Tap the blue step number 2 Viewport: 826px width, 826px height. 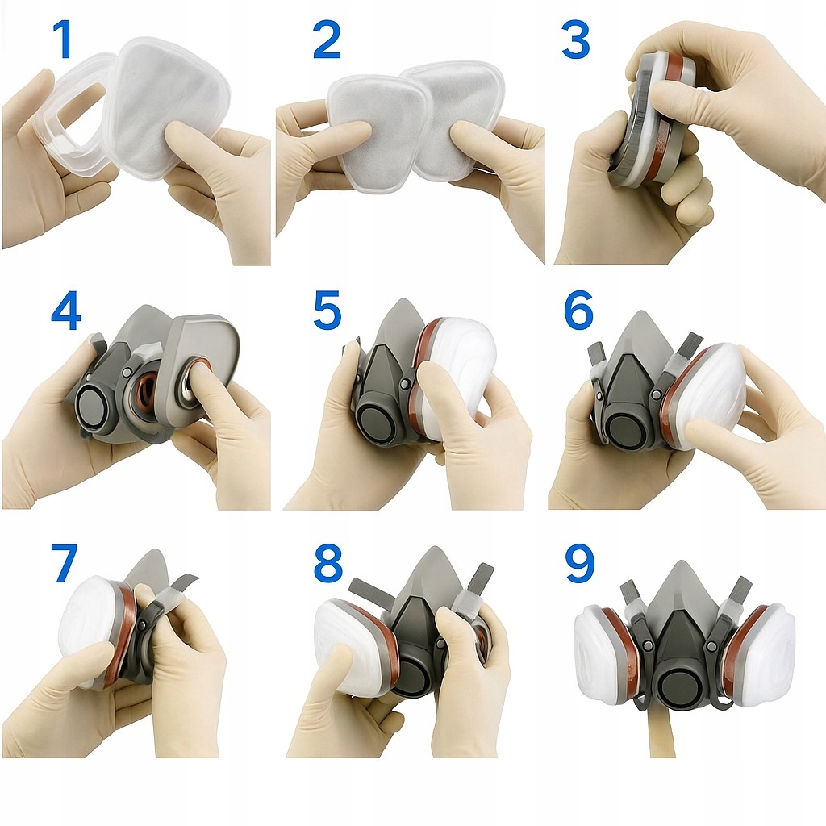(327, 40)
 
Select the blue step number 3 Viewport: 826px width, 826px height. (575, 40)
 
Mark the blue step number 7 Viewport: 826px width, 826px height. (65, 562)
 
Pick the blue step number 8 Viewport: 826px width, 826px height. (327, 562)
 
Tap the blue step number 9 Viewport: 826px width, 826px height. (580, 562)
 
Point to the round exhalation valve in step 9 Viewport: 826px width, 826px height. (679, 685)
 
